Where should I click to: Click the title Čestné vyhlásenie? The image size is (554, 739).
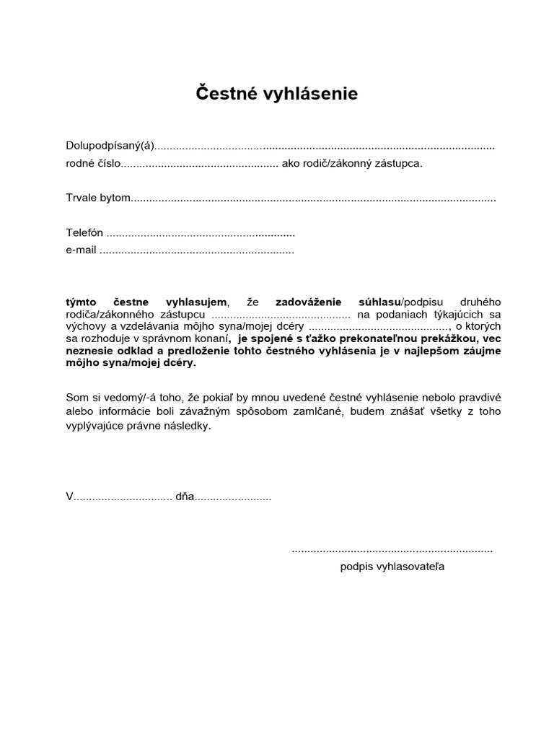point(277,94)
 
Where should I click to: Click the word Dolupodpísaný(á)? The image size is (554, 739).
point(110,147)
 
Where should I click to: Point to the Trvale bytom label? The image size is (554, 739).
point(98,198)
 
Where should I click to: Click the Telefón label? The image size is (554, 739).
point(84,234)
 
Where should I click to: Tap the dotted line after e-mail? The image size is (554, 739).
point(196,252)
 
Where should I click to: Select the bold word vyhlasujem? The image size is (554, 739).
point(196,302)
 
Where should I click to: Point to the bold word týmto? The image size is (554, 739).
point(82,302)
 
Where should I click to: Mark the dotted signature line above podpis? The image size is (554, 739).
point(392,551)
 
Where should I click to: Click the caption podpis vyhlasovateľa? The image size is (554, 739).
point(392,567)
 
